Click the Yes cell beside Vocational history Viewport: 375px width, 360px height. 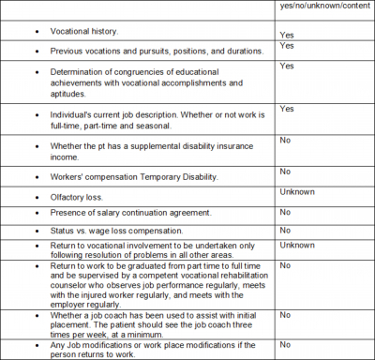pos(286,34)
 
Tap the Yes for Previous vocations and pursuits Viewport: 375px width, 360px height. pos(286,46)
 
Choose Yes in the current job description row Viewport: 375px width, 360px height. pos(286,109)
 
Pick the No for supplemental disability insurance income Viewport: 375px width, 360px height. pos(284,140)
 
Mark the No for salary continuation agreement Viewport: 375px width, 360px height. pos(284,213)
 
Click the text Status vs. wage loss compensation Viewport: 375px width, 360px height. pos(117,231)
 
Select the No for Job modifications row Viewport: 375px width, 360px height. pos(284,344)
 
